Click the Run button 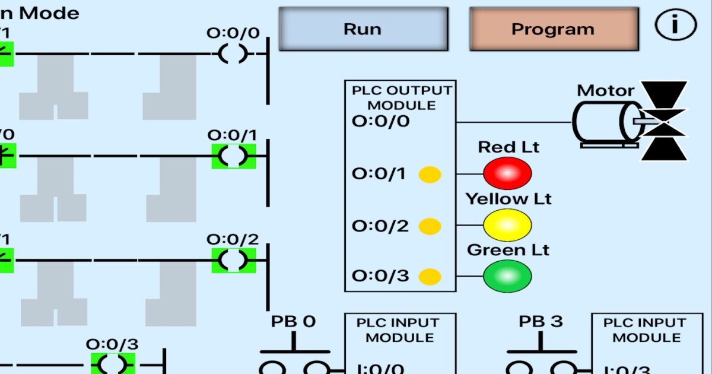[x=363, y=29]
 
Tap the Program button [x=553, y=29]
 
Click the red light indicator [x=507, y=173]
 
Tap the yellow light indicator [x=507, y=225]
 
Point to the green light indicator [x=507, y=275]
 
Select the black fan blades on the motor [x=664, y=121]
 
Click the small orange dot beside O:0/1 [x=430, y=175]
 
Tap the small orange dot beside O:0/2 [x=430, y=226]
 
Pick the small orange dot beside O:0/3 [x=430, y=277]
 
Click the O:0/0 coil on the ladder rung [x=233, y=53]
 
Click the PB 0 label [x=294, y=322]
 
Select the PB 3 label [x=541, y=322]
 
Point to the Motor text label [x=605, y=91]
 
